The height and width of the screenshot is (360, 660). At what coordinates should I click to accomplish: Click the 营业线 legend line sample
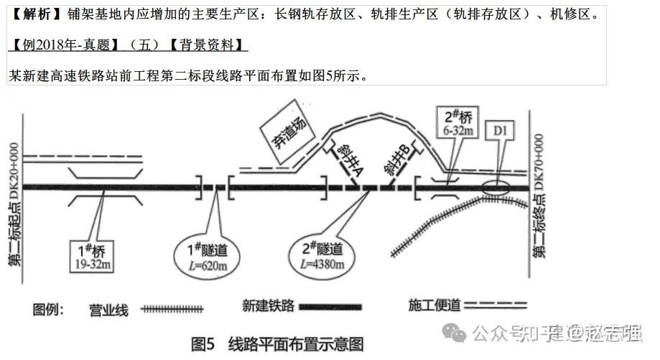tap(172, 310)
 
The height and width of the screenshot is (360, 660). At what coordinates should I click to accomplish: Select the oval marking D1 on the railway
tap(496, 186)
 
